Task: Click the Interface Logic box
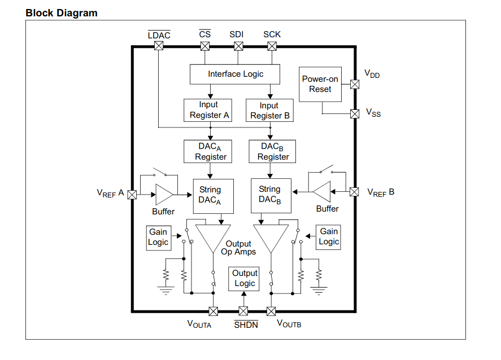[236, 74]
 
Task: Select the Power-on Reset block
[320, 85]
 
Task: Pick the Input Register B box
[269, 111]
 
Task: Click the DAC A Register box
[211, 151]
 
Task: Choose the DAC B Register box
[273, 151]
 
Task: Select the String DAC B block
[270, 195]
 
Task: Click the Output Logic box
[245, 279]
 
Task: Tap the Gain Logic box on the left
[158, 237]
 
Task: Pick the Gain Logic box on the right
[329, 236]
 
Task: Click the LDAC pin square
[159, 47]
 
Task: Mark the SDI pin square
[237, 47]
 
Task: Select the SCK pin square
[272, 47]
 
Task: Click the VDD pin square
[355, 85]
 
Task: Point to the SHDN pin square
[243, 311]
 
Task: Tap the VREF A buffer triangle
[164, 195]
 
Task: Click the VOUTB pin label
[289, 324]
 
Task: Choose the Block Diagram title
[62, 13]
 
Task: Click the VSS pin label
[373, 113]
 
